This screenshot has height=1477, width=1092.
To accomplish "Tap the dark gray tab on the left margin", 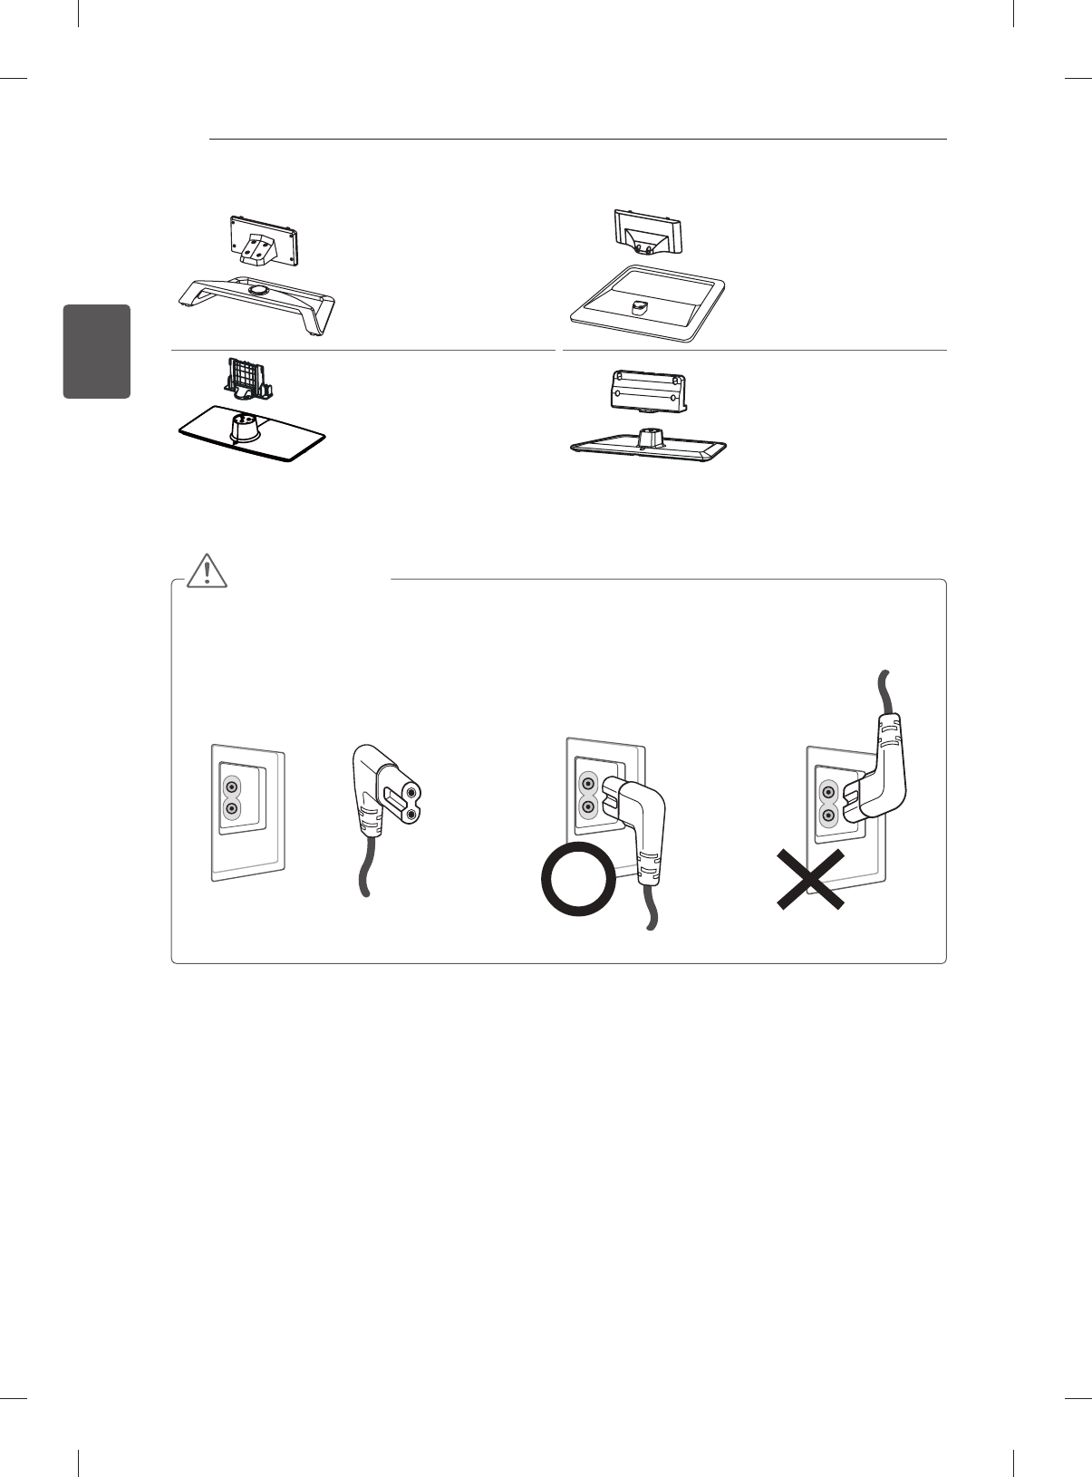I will pyautogui.click(x=97, y=352).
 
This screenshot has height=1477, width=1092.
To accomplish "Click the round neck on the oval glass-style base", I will pyautogui.click(x=246, y=428).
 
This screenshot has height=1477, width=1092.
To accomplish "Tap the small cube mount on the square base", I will pyautogui.click(x=640, y=308).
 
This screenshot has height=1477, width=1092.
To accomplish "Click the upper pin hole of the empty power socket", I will pyautogui.click(x=232, y=787).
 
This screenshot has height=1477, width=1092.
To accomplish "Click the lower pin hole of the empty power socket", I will pyautogui.click(x=232, y=808).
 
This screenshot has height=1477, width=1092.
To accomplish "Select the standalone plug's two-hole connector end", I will pyautogui.click(x=405, y=803).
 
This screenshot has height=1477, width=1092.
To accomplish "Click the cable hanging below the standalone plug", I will pyautogui.click(x=362, y=871).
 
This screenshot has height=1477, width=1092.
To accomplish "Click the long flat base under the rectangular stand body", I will pyautogui.click(x=648, y=447).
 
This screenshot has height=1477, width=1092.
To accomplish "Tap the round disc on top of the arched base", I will pyautogui.click(x=257, y=288).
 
